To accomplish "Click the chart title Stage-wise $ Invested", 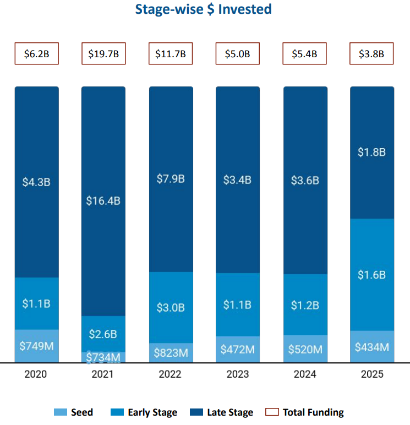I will point(204,9).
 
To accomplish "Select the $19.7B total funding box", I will point(103,54).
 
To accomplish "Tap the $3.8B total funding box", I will point(372,54).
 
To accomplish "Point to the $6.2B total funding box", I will point(36,54).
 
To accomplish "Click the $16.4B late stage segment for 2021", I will point(103,201).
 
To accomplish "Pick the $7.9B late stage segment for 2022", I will point(171,179).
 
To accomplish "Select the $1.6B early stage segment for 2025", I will point(372,275).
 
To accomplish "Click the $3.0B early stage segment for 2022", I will point(171,307).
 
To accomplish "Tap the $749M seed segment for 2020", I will point(36,346).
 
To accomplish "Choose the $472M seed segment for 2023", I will point(237,349).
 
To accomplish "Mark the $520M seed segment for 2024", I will point(305,348).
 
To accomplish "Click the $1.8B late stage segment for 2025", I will point(372,152).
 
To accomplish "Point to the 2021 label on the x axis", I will point(103,374).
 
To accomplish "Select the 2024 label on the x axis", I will point(305,374).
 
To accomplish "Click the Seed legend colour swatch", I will point(61,412).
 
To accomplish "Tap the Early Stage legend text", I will point(152,412).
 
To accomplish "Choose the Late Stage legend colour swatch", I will point(196,412).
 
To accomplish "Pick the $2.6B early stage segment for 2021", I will point(103,334).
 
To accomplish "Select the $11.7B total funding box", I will point(171,54).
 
